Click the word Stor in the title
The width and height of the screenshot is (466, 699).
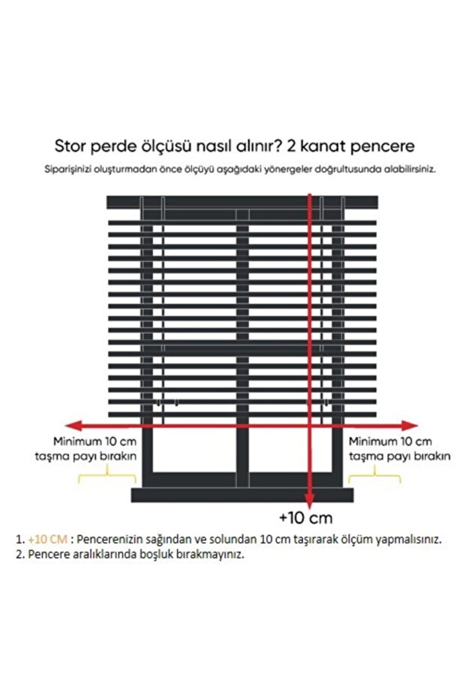pyautogui.click(x=69, y=146)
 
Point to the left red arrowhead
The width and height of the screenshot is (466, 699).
pyautogui.click(x=68, y=423)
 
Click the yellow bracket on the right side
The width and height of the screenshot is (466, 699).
pyautogui.click(x=374, y=476)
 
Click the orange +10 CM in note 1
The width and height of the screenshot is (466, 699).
pyautogui.click(x=48, y=539)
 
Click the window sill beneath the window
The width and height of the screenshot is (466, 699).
pyautogui.click(x=242, y=495)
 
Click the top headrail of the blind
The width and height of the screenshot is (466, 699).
pyautogui.click(x=242, y=202)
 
